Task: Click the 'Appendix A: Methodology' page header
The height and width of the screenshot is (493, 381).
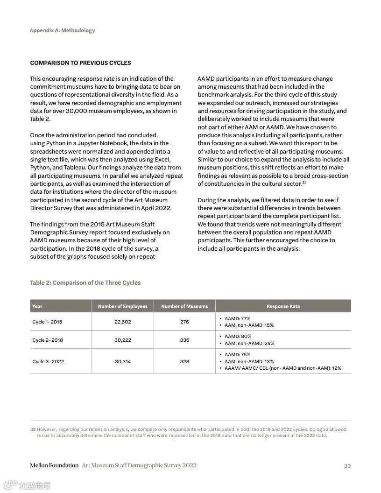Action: (62, 30)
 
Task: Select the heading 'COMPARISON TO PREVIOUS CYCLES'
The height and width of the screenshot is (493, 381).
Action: (80, 63)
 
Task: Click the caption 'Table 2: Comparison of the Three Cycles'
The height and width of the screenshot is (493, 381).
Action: (85, 282)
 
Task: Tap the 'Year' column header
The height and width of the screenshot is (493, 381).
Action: (37, 306)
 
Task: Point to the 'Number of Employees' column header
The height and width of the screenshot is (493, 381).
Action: (123, 306)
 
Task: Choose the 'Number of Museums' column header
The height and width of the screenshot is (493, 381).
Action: (184, 306)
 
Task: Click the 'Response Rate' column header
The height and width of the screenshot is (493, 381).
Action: (283, 306)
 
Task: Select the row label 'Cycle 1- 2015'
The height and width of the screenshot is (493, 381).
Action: (47, 322)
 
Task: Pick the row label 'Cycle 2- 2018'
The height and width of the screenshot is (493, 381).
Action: (48, 340)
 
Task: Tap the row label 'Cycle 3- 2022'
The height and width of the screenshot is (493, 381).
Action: (48, 361)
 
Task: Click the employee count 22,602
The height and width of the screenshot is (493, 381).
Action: (123, 322)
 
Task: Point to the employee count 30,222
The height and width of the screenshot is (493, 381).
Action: (123, 340)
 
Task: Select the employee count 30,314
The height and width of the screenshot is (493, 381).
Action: (123, 361)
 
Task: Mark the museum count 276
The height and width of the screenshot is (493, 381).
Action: (184, 322)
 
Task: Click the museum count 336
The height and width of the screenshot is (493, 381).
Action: (184, 340)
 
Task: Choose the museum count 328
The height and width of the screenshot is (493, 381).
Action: (184, 361)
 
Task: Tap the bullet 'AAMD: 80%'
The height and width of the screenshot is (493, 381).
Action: (238, 336)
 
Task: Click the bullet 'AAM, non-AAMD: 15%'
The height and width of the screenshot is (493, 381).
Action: (249, 325)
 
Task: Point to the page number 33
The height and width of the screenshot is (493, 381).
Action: (347, 465)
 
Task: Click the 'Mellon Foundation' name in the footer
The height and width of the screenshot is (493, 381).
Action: (54, 465)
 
